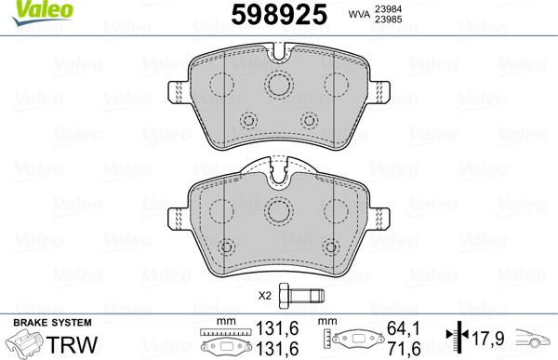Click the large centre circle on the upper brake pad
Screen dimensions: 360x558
click(279, 86)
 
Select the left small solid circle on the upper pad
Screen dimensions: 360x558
click(248, 121)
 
